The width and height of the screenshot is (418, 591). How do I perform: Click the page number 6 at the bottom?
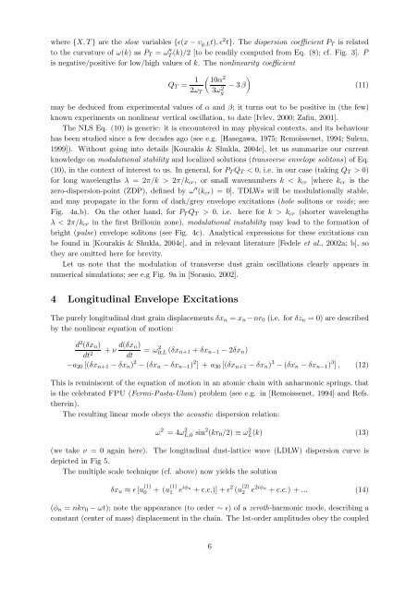[210, 571]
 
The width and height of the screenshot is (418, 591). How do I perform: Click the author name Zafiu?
[344, 127]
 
